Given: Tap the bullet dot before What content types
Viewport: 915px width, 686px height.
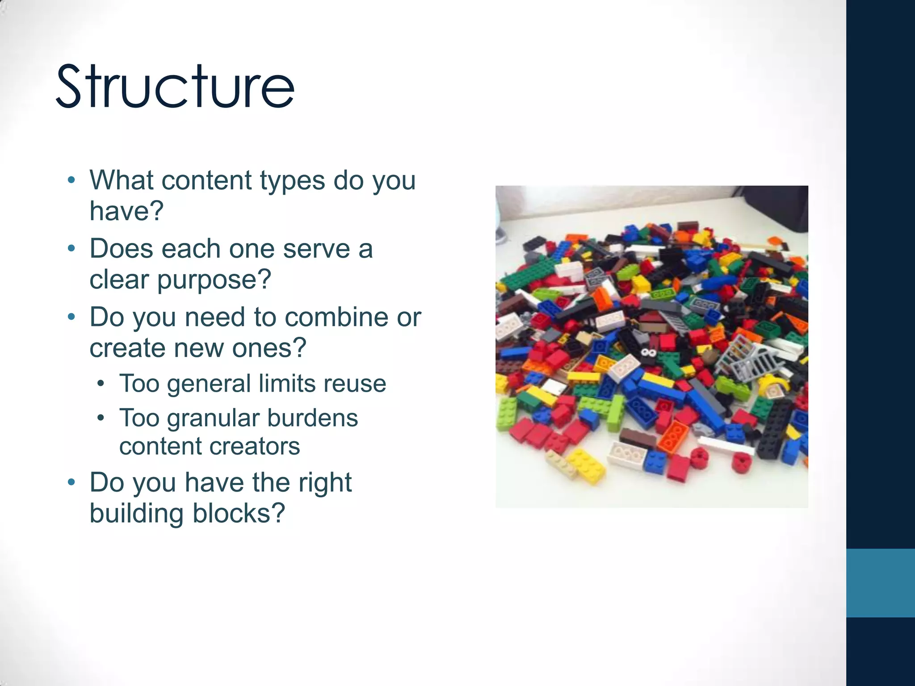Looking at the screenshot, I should pos(71,180).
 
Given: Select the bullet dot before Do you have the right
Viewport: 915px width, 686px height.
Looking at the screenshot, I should pos(71,482).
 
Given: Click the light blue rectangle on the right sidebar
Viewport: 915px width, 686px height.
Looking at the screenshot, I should pos(880,583).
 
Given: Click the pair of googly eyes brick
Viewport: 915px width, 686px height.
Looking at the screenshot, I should pos(648,354).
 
